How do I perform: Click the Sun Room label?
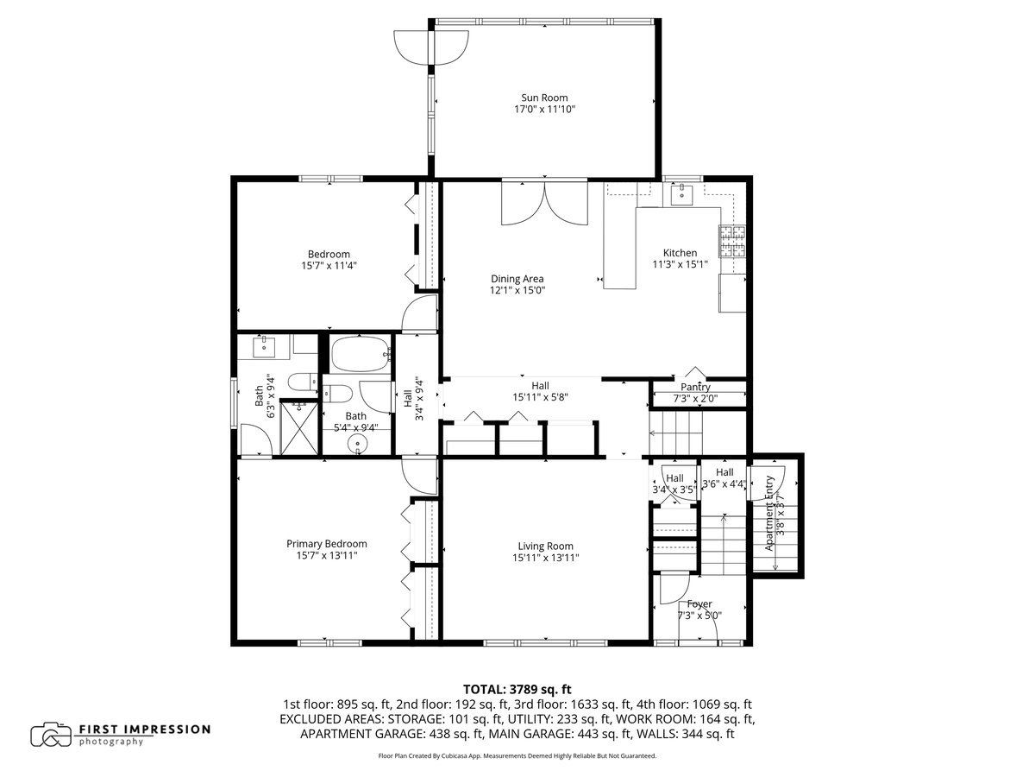tap(544, 98)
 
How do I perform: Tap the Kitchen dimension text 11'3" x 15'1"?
tap(680, 264)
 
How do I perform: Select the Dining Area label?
tap(517, 279)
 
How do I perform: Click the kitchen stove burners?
tap(732, 242)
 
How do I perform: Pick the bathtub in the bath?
tap(361, 354)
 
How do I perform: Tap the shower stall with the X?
tap(299, 427)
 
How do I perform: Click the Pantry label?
tap(695, 388)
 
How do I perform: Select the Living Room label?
tap(546, 546)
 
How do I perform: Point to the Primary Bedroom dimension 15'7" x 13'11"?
tap(327, 555)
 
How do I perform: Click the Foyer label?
tap(699, 603)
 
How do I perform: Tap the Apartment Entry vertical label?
tap(769, 514)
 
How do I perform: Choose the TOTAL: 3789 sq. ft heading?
tap(517, 689)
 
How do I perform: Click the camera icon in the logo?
tap(51, 735)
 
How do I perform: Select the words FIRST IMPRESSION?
tap(144, 730)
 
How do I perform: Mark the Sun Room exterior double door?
tap(431, 47)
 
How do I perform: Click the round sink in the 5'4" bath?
tap(357, 445)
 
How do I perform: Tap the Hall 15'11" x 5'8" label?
tap(540, 392)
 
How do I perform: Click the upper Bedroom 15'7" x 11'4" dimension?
tap(329, 266)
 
